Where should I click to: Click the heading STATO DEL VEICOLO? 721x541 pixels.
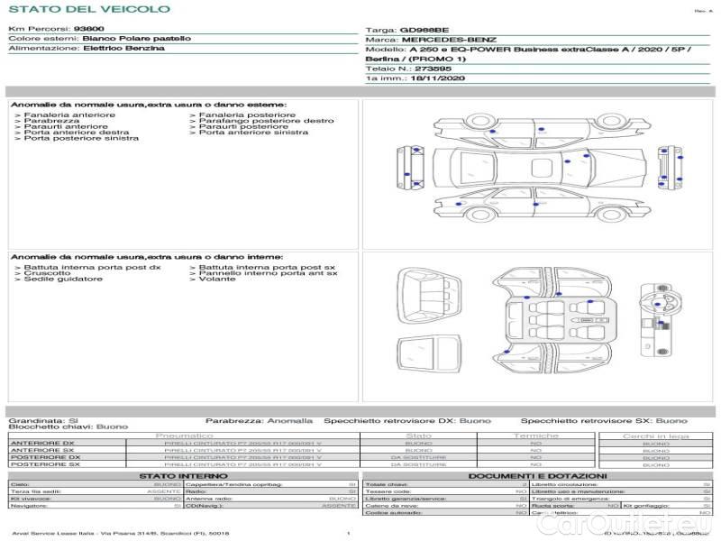point(89,10)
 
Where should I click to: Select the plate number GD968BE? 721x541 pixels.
point(424,30)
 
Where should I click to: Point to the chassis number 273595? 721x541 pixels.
point(433,69)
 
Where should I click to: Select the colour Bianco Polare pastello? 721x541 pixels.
point(136,39)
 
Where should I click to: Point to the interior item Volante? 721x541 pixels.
point(217,280)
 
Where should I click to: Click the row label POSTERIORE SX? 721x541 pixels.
point(44,464)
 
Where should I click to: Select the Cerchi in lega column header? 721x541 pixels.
point(656,436)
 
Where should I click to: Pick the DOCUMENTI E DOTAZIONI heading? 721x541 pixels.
point(537,476)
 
